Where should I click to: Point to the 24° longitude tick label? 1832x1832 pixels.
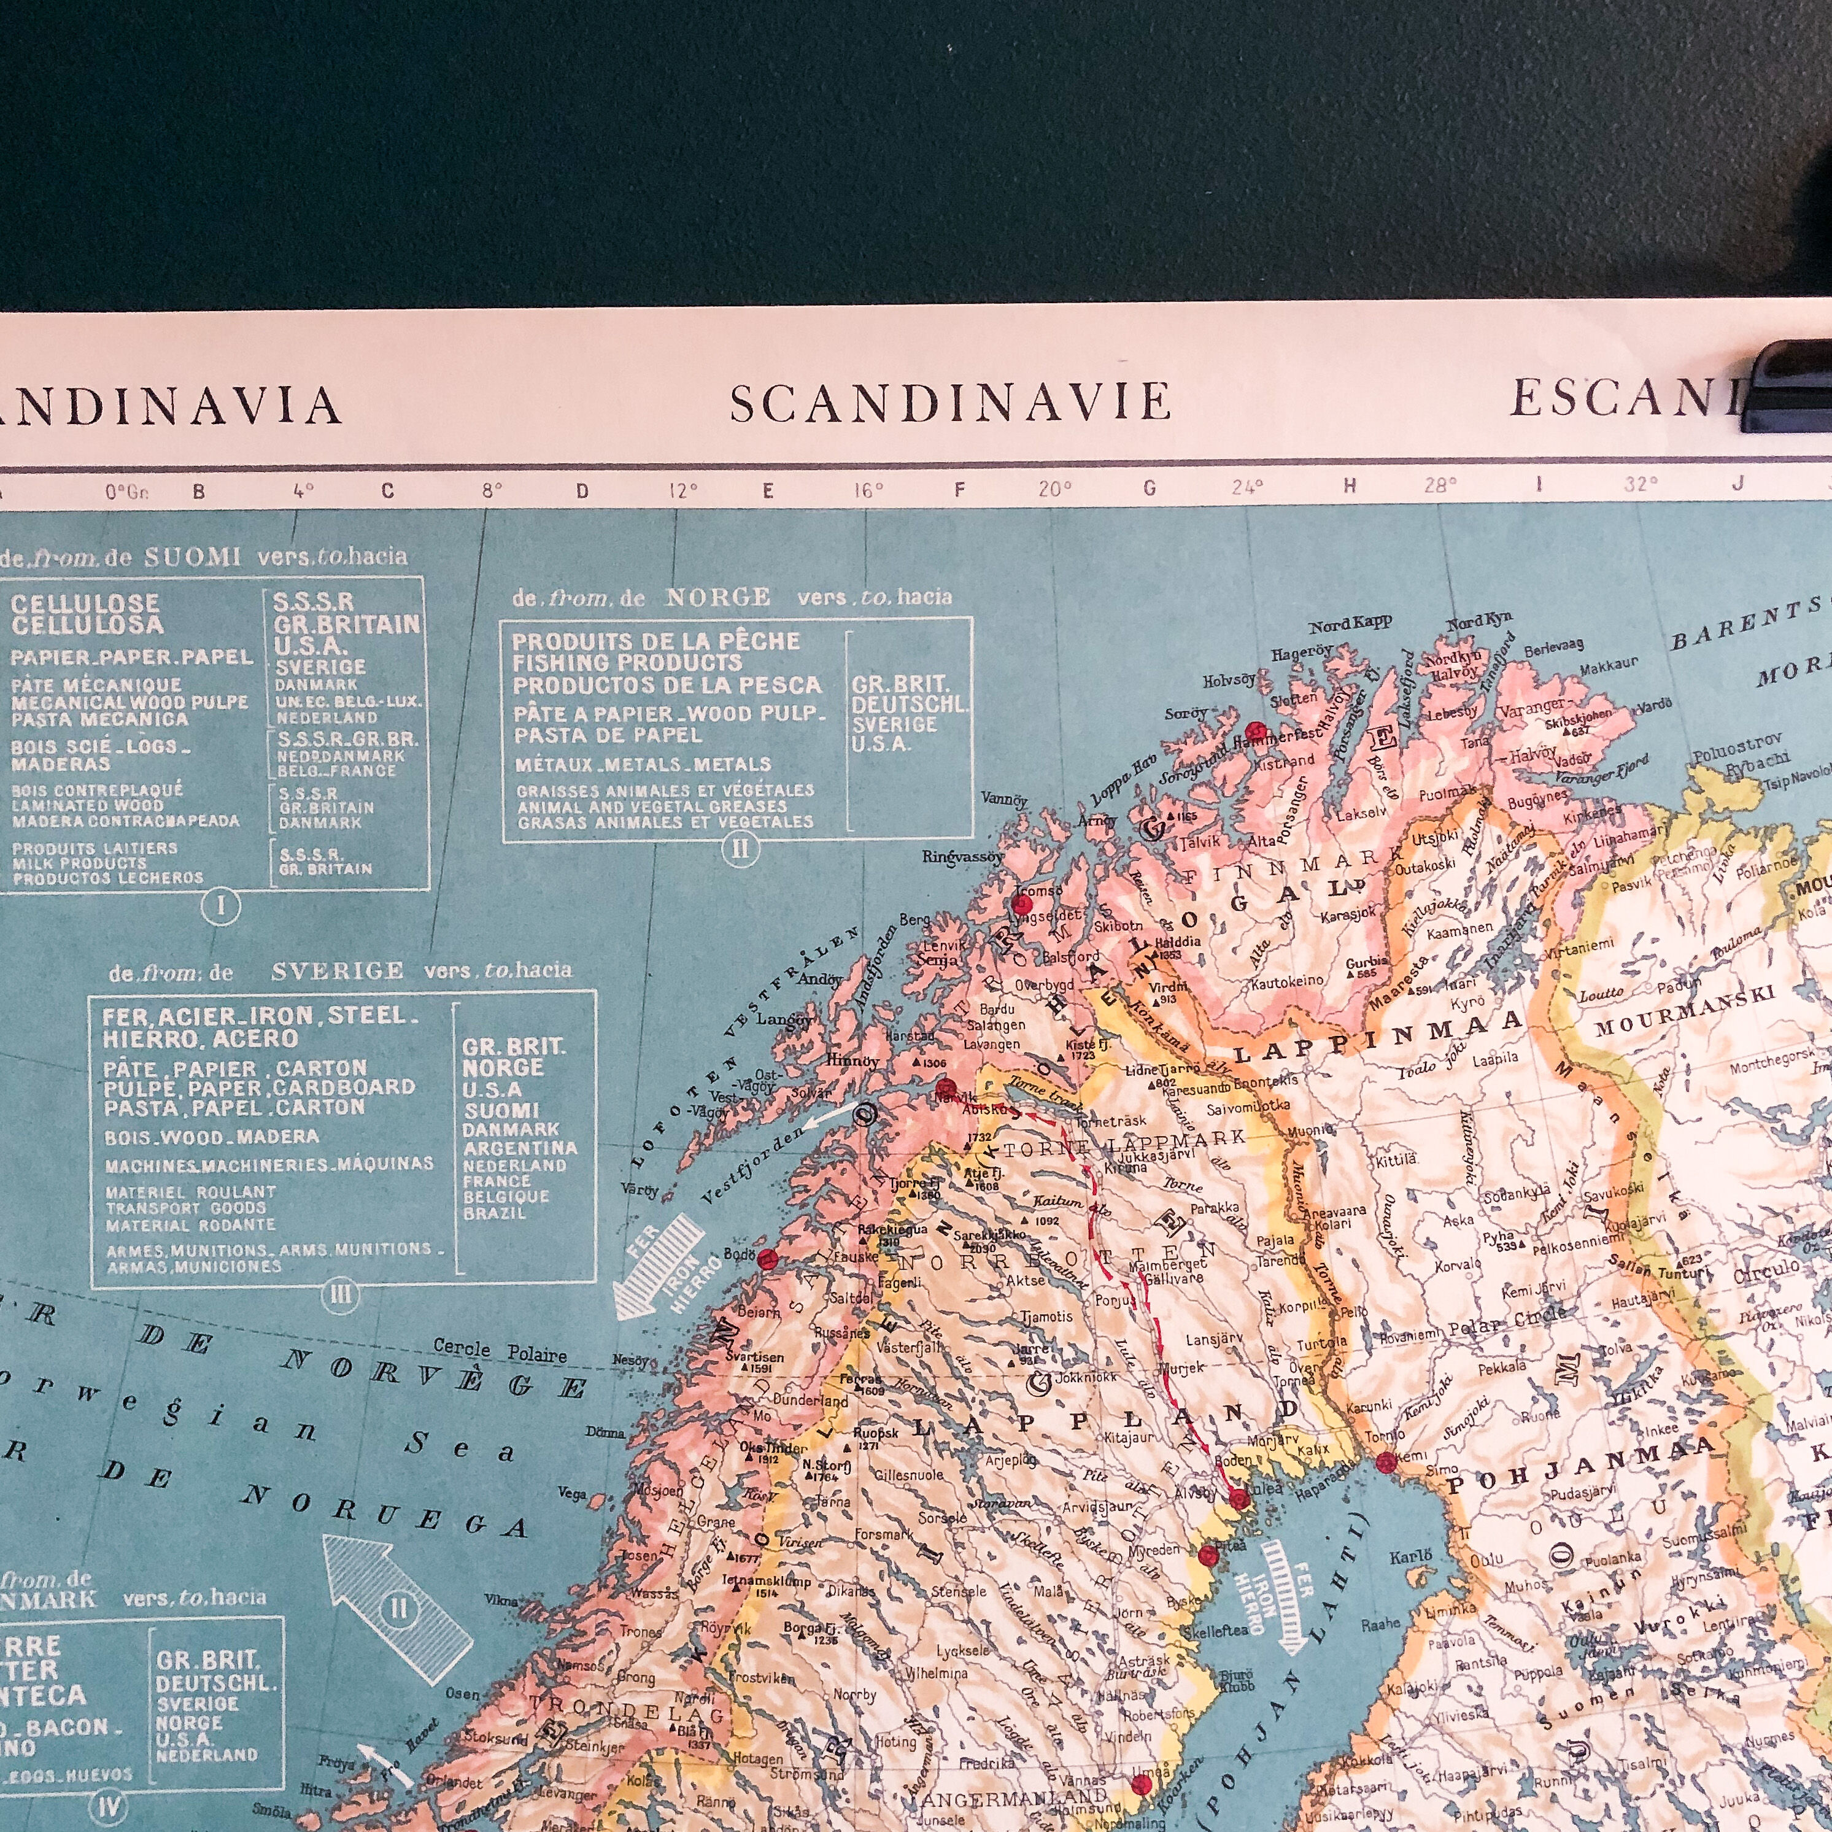1247,487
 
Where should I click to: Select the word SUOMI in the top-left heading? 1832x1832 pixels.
193,557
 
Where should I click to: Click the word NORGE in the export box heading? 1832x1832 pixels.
718,597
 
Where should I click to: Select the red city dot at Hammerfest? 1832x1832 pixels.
1256,731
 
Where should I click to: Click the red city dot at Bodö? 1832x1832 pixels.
768,1259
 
